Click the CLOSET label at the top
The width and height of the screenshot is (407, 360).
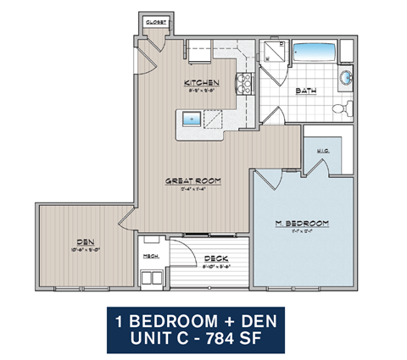pyautogui.click(x=153, y=23)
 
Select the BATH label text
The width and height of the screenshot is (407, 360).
pyautogui.click(x=306, y=91)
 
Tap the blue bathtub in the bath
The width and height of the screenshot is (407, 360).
pyautogui.click(x=314, y=52)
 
